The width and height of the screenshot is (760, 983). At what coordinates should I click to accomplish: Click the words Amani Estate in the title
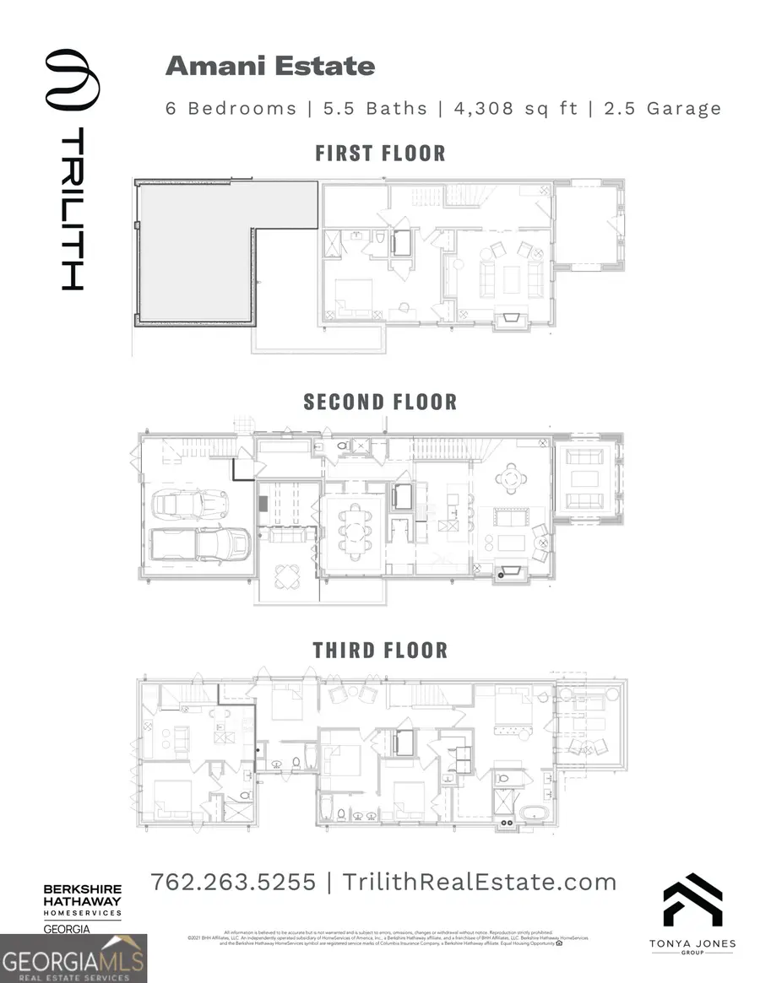click(x=270, y=66)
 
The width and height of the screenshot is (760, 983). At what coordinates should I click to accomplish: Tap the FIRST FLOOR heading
click(x=380, y=153)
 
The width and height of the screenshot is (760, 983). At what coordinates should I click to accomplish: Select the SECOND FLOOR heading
click(x=380, y=402)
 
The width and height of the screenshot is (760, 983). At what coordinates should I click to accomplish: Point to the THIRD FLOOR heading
click(x=380, y=650)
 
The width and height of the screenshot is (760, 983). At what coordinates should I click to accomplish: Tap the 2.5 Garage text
click(x=662, y=108)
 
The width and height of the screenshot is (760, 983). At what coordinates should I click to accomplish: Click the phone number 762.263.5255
click(x=233, y=883)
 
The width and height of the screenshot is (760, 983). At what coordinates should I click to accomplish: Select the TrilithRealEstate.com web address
click(x=480, y=883)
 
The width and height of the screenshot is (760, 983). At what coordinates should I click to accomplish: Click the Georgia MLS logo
click(x=73, y=959)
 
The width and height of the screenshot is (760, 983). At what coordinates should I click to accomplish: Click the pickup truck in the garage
click(x=200, y=544)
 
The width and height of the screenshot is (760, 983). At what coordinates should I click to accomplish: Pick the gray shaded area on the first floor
click(x=194, y=253)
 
